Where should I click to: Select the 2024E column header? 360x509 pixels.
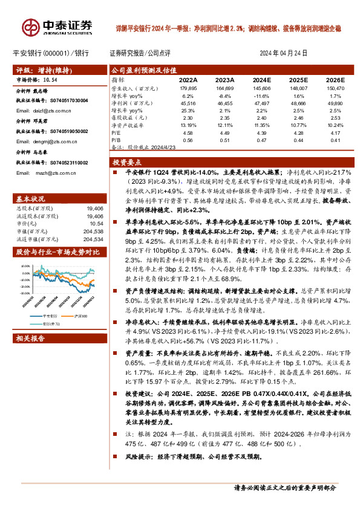[261, 80]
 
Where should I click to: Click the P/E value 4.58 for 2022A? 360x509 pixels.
[188, 132]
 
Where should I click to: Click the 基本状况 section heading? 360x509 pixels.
[30, 199]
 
